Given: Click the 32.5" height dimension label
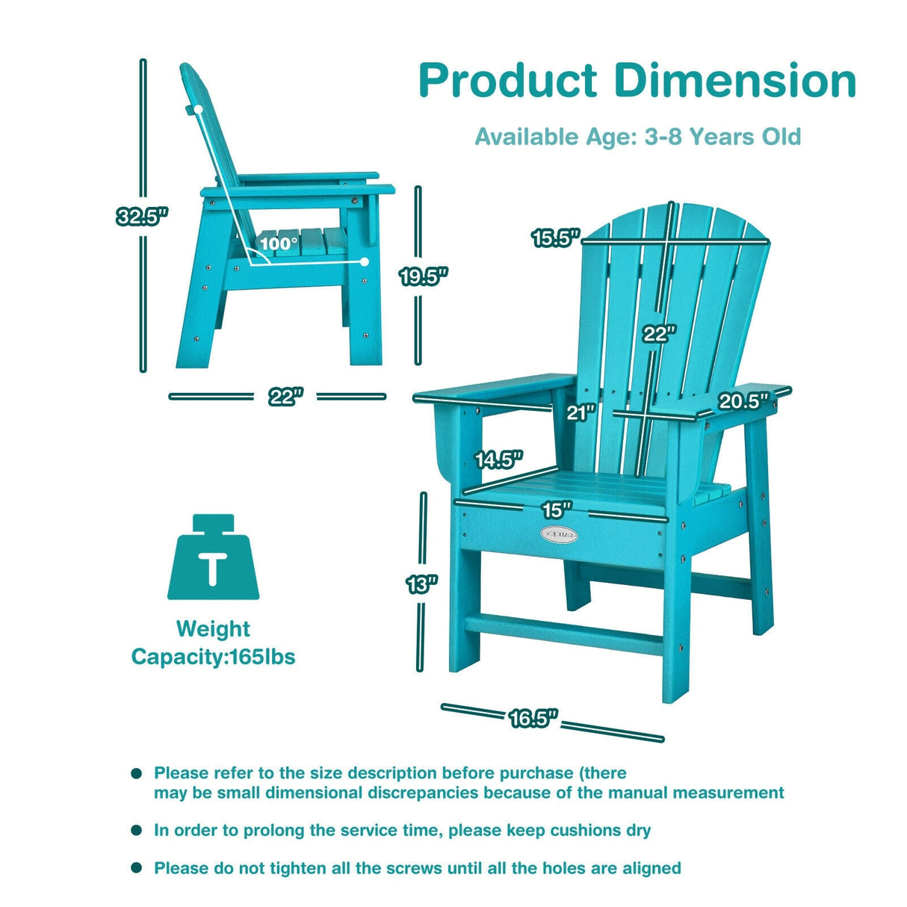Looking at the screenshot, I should coord(142,217).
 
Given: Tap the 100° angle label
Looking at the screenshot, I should coord(279,243).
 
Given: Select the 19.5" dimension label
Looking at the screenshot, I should coord(423,276).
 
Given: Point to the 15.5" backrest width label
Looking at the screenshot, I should coord(556,238).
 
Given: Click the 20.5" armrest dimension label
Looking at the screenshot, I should coord(743,401).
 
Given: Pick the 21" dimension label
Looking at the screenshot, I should coord(581,412).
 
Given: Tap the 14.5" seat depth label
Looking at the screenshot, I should coord(499,459).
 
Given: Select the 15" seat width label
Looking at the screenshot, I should coord(556,510).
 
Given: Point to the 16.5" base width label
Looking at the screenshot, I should coord(533,719).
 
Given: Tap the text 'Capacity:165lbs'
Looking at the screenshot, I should coord(214,657).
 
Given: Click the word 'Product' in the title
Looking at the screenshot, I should coord(508,81).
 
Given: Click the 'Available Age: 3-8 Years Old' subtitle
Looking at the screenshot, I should coord(637,137).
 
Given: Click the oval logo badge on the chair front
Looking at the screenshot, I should coord(559,534).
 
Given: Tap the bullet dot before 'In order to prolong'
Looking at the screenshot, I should coord(136,830).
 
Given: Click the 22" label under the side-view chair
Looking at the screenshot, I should coord(285,397).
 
